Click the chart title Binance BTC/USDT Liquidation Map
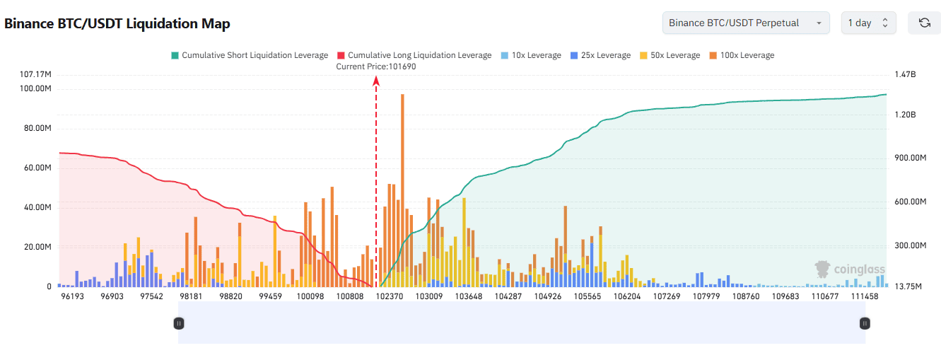point(117,23)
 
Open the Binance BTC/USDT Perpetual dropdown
point(746,23)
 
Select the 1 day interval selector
point(868,23)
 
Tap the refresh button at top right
point(924,23)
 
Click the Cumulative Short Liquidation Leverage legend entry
point(249,55)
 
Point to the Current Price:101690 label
point(376,66)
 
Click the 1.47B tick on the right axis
point(906,74)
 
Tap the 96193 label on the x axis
point(72,296)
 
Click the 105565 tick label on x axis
point(588,296)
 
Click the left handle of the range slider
point(179,323)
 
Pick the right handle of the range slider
point(865,323)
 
